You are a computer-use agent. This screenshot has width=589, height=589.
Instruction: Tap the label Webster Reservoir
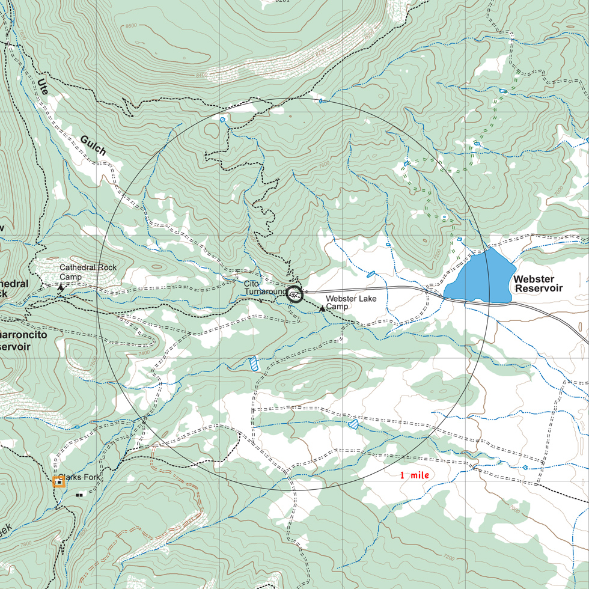(x=538, y=284)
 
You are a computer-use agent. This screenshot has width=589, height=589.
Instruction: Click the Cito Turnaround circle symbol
(x=293, y=294)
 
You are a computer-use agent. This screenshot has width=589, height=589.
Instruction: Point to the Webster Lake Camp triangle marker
(x=322, y=309)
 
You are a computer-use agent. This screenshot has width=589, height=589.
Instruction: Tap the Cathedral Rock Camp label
(x=88, y=272)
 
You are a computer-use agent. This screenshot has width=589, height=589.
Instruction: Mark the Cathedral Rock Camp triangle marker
(x=60, y=288)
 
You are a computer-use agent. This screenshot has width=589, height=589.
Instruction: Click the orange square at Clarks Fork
(x=58, y=481)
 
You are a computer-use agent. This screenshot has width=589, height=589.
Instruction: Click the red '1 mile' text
(x=415, y=475)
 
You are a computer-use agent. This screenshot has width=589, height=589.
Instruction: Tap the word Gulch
(x=93, y=146)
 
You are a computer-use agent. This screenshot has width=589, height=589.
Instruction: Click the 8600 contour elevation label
(x=131, y=26)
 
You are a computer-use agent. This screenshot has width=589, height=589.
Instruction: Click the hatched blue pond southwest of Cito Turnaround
(x=254, y=363)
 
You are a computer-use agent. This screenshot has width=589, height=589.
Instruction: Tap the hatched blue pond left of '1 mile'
(x=353, y=424)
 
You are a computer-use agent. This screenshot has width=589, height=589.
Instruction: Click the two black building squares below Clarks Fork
(x=80, y=494)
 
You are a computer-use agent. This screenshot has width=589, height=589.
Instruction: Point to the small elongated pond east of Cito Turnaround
(x=371, y=275)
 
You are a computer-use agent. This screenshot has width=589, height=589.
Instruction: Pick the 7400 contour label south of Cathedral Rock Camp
(x=144, y=353)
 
